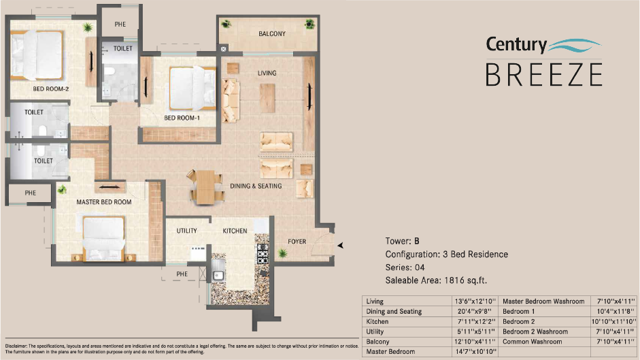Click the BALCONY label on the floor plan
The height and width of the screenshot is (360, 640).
271,33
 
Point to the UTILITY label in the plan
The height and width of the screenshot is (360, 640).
186,231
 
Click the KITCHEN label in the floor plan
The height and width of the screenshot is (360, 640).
235,231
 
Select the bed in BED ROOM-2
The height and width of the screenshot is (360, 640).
37,56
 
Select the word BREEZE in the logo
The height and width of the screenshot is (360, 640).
543,73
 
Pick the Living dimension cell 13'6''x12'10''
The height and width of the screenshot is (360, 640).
476,301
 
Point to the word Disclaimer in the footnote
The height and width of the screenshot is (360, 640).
16,346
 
